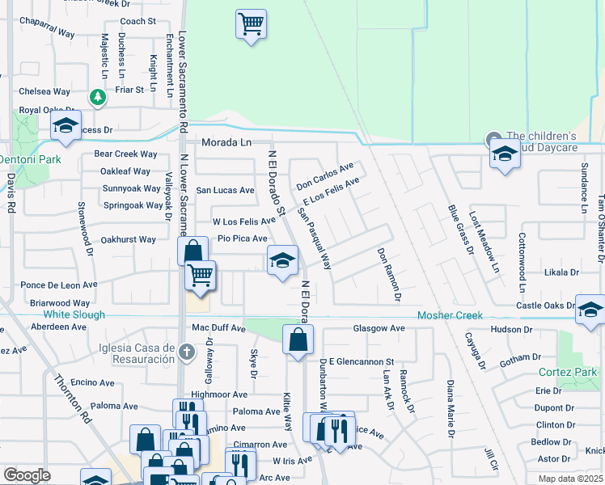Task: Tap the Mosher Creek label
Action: point(450,315)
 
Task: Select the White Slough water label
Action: point(74,314)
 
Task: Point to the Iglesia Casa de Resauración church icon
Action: point(187,351)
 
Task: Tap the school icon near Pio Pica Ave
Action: point(282,260)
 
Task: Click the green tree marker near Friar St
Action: point(98,97)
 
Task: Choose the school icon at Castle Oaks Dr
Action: point(590,310)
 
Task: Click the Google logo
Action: point(27,475)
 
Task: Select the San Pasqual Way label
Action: point(315,238)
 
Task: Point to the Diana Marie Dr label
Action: point(448,410)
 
